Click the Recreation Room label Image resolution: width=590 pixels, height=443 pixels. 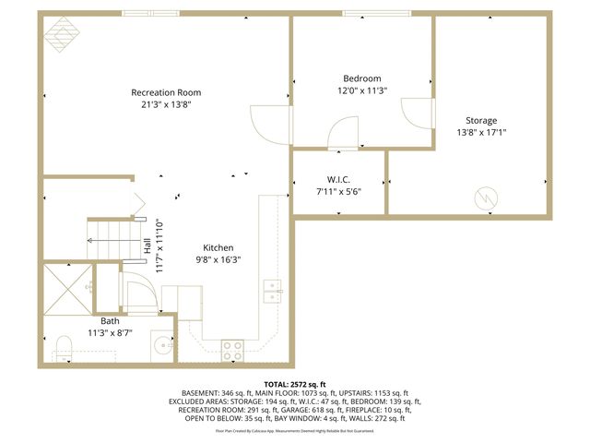[166, 92]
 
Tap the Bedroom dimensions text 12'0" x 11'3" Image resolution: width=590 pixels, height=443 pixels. [362, 90]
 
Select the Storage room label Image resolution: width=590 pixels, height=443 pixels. [481, 121]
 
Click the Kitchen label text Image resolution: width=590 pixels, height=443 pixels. [218, 247]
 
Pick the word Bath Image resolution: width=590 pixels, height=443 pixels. [110, 320]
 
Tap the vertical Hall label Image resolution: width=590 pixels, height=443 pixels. [147, 246]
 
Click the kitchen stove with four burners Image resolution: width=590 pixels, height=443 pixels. [231, 350]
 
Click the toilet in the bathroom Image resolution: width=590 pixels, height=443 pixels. [65, 348]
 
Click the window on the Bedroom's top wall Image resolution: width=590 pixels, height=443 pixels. [376, 13]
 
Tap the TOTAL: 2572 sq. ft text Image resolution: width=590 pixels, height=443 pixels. [295, 382]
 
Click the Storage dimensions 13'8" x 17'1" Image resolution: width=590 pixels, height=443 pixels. [481, 132]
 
